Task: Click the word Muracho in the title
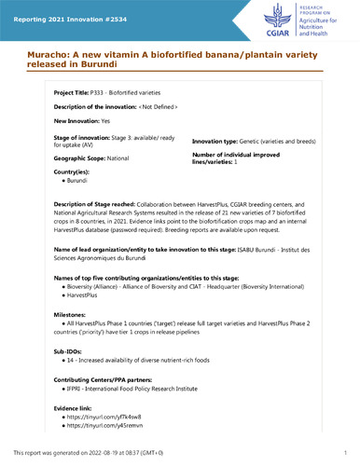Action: coord(39,53)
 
